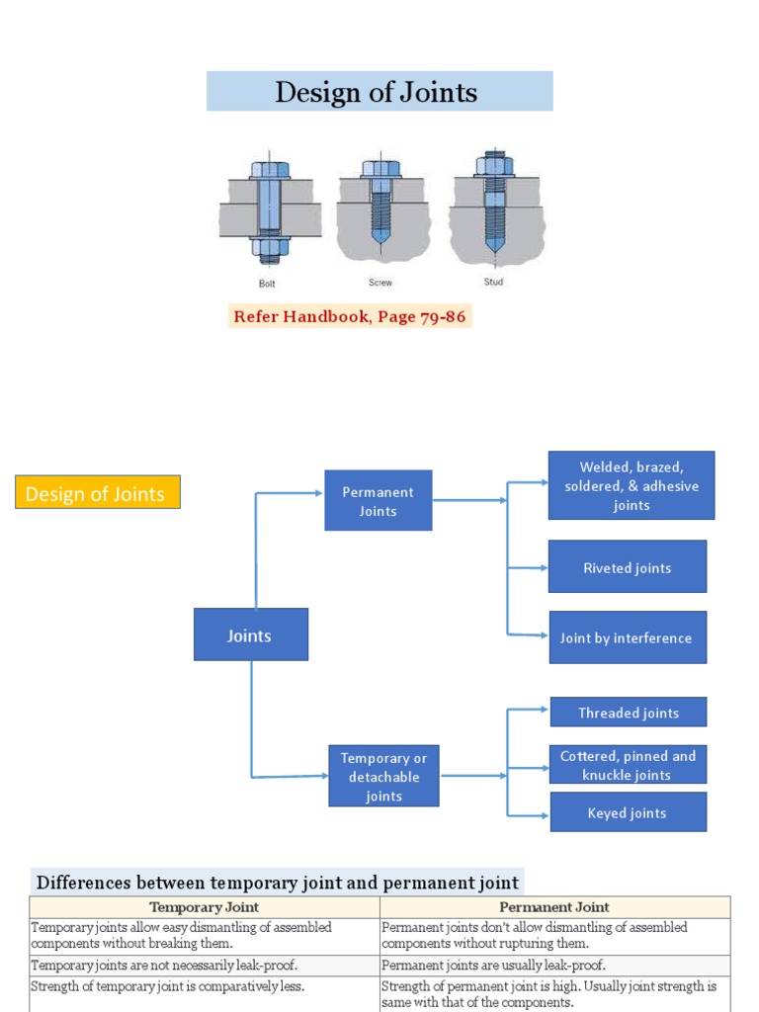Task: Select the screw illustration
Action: (x=380, y=209)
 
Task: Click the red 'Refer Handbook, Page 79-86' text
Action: (x=350, y=317)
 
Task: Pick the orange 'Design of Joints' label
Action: (x=97, y=493)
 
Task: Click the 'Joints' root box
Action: (x=250, y=635)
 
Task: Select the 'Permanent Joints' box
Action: (x=378, y=501)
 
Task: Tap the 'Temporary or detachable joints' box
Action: (x=383, y=777)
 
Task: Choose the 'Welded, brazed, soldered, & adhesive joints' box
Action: (x=631, y=485)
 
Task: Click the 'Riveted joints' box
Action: (x=627, y=567)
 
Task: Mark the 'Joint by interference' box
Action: (x=627, y=637)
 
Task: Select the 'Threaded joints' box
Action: (x=629, y=713)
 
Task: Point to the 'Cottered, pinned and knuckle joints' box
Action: (x=628, y=765)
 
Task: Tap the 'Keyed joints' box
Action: (x=628, y=812)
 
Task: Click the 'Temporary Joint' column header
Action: (x=204, y=906)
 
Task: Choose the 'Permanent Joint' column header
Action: (x=553, y=906)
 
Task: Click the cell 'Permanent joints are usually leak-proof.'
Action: (x=493, y=965)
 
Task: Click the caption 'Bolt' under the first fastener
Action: (x=267, y=283)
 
